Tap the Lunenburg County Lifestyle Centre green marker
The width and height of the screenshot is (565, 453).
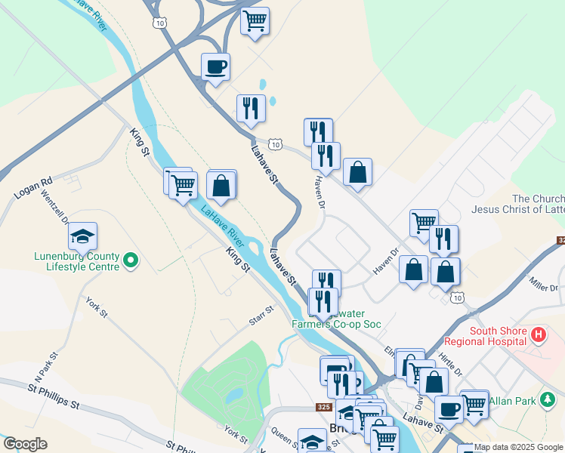point(130,261)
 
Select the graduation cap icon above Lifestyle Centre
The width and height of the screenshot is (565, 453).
point(82,237)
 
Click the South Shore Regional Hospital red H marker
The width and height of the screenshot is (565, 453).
point(538,334)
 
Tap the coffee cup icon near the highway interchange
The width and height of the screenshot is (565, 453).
point(216,66)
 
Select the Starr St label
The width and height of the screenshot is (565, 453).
point(261,317)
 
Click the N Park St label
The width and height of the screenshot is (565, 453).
point(46,365)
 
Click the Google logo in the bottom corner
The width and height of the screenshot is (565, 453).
point(24,444)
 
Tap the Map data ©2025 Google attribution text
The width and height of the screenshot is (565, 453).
point(518,447)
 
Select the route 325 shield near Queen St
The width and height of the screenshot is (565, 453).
point(324,408)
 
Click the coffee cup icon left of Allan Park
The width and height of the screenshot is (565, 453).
point(449,409)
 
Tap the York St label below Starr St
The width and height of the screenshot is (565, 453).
point(235,436)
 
